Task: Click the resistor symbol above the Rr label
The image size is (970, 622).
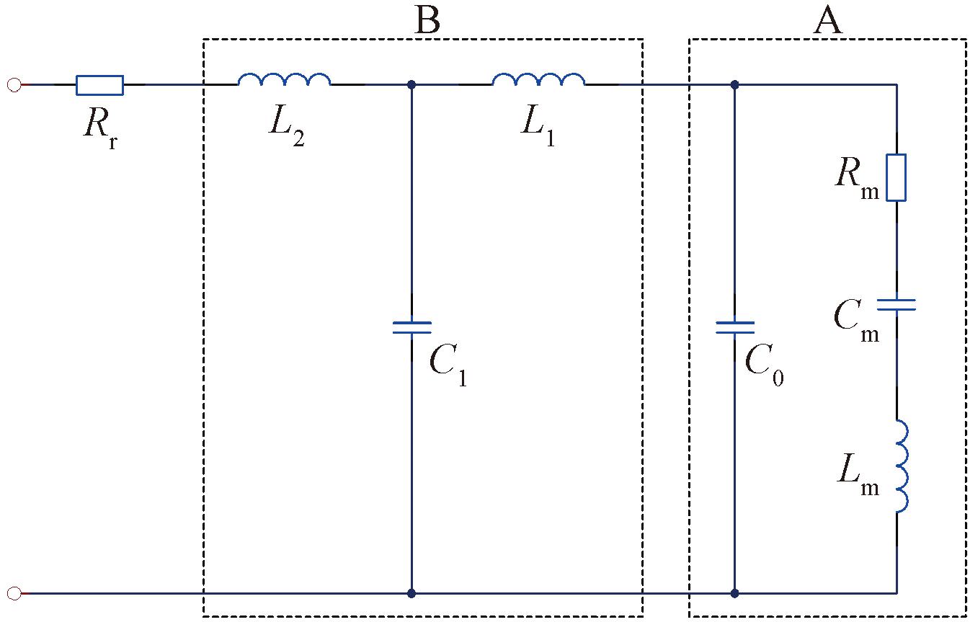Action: click(x=99, y=85)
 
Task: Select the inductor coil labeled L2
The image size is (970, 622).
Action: click(x=284, y=79)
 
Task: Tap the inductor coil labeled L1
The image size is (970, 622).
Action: click(x=538, y=79)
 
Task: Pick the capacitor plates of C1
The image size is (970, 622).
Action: click(x=411, y=327)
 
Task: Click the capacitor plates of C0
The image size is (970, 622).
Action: click(x=735, y=327)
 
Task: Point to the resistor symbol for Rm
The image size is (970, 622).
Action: click(x=896, y=177)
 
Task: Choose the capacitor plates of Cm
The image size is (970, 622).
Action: click(x=896, y=305)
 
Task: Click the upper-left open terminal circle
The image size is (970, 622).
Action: click(x=14, y=85)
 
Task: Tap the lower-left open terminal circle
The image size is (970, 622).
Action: click(x=14, y=593)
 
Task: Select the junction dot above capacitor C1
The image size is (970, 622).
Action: click(x=411, y=85)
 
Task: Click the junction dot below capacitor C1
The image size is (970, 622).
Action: click(x=411, y=593)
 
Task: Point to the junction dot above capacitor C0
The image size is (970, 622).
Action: click(x=735, y=85)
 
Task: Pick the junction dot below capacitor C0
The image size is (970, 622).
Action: click(x=735, y=593)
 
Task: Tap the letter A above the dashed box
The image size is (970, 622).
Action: click(x=828, y=20)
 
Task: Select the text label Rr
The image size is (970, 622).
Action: click(x=101, y=128)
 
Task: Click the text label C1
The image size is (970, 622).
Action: click(x=448, y=365)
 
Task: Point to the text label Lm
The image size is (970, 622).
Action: click(x=858, y=475)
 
